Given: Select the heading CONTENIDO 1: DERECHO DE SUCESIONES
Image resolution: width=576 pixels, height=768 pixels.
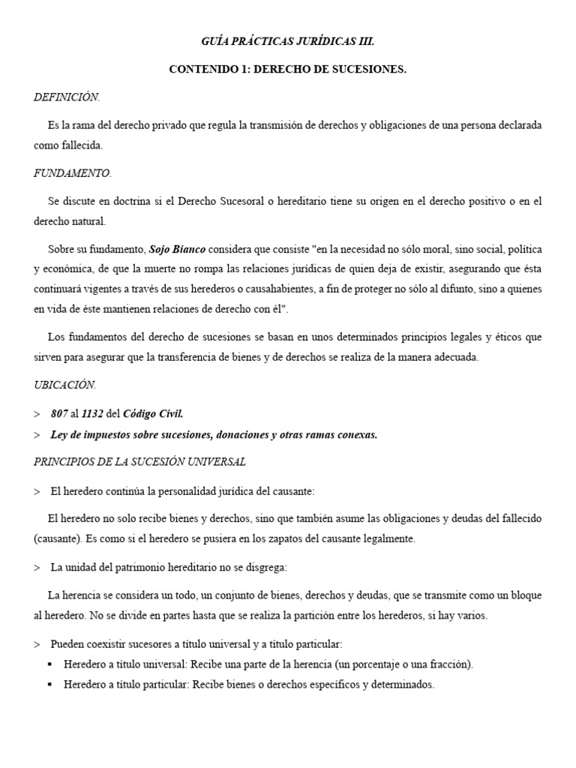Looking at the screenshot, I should [x=287, y=69].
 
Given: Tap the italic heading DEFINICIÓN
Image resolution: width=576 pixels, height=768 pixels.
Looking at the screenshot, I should [x=67, y=97].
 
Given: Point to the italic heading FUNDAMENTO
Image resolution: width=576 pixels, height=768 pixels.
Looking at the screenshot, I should [x=73, y=173].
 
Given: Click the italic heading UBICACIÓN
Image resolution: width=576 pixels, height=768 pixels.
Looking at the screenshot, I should [x=65, y=384].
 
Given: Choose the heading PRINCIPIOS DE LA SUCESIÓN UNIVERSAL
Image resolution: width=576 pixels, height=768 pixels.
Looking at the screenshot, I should [x=139, y=461].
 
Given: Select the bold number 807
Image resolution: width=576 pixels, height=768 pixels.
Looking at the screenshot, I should [x=59, y=413].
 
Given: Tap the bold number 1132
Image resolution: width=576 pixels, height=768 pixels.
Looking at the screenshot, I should [x=94, y=413].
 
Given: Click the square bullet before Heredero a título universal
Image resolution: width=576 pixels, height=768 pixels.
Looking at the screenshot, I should [x=49, y=664].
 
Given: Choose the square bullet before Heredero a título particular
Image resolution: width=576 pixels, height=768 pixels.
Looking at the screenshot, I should [x=49, y=685].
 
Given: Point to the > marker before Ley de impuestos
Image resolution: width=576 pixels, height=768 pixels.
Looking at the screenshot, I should [x=37, y=434].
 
